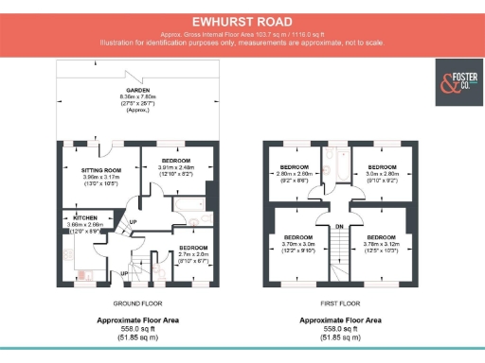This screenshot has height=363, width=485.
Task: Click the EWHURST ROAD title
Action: tap(242, 19)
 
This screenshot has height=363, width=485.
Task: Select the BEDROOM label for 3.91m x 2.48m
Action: tap(176, 161)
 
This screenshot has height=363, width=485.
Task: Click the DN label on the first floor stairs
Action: tap(338, 227)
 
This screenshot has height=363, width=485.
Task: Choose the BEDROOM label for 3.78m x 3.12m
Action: tap(381, 236)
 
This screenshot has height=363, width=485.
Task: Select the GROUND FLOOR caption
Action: tap(138, 305)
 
